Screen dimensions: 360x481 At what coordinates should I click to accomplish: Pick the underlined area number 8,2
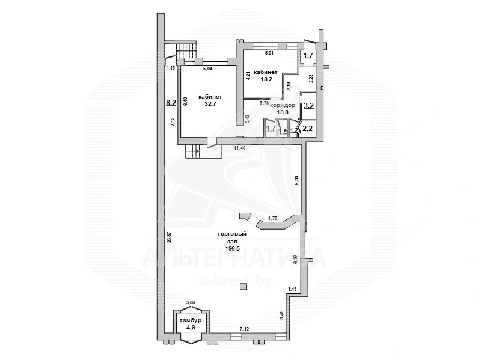tap(170, 103)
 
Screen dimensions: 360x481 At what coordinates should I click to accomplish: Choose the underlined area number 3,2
tap(308, 105)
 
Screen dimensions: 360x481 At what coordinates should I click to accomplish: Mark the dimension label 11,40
tap(239, 148)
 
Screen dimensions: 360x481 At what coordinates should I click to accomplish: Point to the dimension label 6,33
tap(296, 180)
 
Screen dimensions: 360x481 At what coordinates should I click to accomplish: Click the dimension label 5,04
tap(208, 69)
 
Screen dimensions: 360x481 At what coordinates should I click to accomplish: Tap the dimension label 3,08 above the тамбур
tap(191, 302)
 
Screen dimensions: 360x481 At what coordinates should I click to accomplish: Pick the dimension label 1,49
tap(292, 290)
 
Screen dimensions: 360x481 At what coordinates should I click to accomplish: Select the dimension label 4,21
tap(247, 76)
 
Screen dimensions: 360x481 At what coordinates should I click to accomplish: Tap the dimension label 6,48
tap(185, 101)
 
